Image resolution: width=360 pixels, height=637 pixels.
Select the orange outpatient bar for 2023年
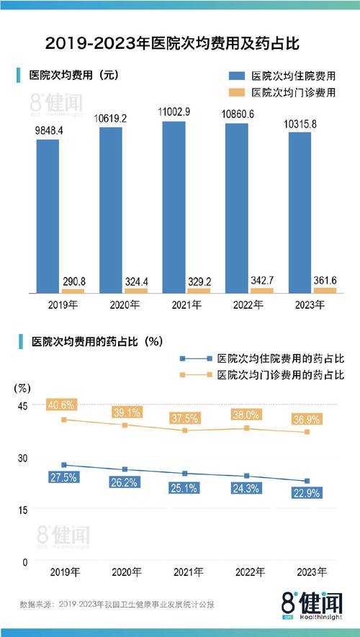point(305,289)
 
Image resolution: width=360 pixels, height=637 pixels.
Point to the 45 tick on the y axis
point(22,406)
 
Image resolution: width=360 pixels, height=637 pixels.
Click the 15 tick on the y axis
point(22,510)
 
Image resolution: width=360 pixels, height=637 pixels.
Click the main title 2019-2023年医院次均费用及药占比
point(179,43)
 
